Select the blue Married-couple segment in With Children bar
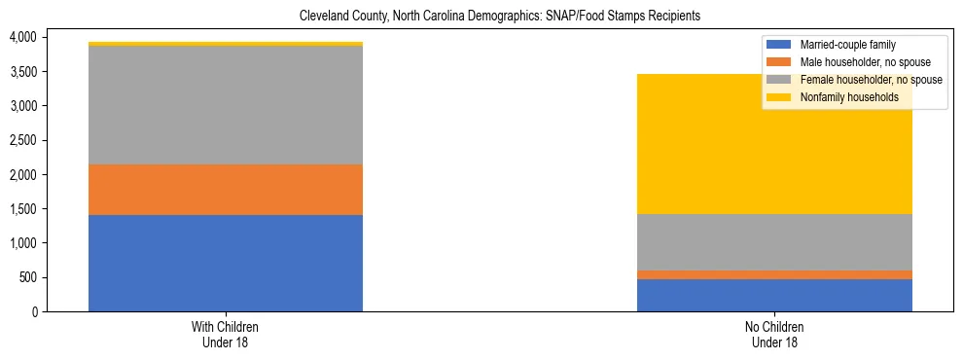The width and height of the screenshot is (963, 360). [226, 263]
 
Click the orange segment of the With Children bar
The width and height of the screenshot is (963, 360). [226, 190]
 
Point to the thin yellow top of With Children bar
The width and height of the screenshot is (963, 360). [226, 44]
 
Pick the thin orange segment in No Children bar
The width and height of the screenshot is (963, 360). [774, 274]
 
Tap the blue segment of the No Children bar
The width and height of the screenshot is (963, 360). [774, 295]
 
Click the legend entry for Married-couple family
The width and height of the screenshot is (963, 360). [847, 45]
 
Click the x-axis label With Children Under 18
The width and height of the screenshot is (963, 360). [226, 335]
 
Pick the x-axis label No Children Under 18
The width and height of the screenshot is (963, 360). [774, 335]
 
